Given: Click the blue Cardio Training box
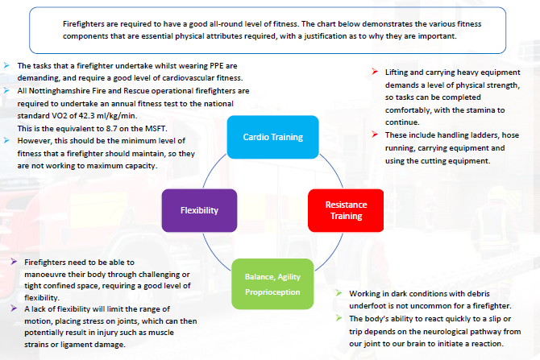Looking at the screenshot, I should pos(273,137).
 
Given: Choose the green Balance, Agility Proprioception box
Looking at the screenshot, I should pos(273,283).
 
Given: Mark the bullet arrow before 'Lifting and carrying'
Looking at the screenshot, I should pos(375,72).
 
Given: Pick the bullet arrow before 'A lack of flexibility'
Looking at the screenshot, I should pos(18,308).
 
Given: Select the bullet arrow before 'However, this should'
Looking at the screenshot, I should pos(7,140).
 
